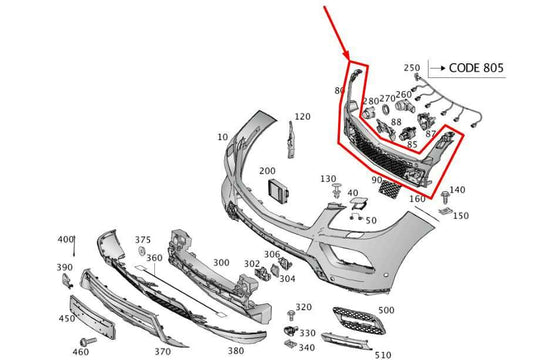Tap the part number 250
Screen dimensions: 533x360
(412, 68)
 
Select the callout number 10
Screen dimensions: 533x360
(221, 136)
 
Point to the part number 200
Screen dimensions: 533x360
(267, 171)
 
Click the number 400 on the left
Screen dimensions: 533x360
(66, 240)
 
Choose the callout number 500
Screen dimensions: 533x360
(385, 311)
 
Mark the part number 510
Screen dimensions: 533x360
(383, 354)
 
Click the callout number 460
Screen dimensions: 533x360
(81, 352)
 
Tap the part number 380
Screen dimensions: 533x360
(236, 351)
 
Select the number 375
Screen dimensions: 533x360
(143, 239)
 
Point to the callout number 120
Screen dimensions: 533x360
(302, 117)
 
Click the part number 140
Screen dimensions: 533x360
(457, 190)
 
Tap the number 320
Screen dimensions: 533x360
(304, 307)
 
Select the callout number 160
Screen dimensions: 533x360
(418, 198)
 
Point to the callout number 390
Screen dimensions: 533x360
(64, 268)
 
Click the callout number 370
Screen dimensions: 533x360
(163, 351)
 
